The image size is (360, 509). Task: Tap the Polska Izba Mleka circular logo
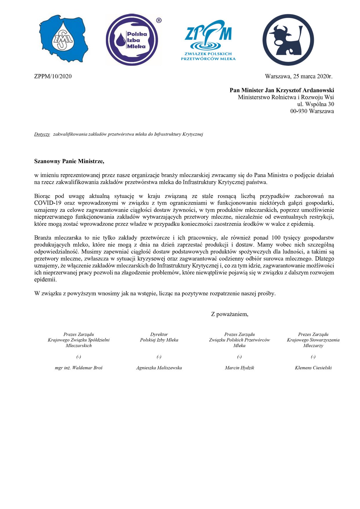132,40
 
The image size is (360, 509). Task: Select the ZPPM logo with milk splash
208,40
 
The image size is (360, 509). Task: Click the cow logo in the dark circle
288,40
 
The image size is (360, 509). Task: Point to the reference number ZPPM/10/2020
53,76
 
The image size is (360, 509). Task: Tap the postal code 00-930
299,111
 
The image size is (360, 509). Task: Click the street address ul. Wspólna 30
315,104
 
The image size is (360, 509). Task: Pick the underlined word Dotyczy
42,134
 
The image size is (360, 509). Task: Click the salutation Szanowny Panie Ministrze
69,161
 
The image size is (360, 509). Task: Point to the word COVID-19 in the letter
48,203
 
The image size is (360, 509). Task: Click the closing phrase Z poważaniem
229,314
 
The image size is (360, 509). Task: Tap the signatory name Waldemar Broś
87,368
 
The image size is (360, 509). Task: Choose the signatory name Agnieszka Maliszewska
159,368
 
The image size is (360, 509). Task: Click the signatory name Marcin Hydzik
239,368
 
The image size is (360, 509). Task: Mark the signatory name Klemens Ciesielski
313,368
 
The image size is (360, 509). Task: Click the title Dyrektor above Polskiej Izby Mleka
159,334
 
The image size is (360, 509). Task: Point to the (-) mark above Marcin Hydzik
239,357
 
